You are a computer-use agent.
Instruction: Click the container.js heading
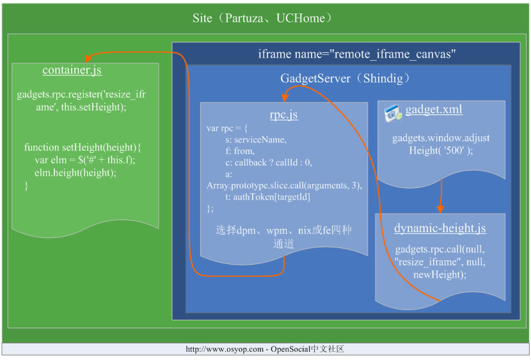(72, 70)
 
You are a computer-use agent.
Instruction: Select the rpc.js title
(284, 114)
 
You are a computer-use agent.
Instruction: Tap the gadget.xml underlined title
(434, 109)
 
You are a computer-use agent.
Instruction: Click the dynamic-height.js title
(440, 228)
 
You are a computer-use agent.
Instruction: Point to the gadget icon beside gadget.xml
(393, 113)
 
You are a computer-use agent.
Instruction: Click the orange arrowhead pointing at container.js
(88, 58)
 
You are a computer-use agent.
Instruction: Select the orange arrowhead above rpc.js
(285, 97)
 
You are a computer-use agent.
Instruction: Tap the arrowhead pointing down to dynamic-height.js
(440, 209)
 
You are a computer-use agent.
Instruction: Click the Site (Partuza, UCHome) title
(262, 18)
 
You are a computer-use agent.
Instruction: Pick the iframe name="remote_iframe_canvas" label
(356, 54)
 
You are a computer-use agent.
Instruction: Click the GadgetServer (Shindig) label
(345, 79)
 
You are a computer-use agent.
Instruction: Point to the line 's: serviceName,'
(256, 140)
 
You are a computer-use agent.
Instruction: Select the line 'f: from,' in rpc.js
(240, 151)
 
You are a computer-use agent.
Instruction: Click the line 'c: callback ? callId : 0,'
(269, 163)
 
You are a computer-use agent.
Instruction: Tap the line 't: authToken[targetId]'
(268, 197)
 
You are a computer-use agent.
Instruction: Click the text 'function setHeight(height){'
(83, 148)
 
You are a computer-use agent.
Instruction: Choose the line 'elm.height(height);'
(75, 173)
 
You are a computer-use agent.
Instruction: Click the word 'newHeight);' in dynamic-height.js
(440, 274)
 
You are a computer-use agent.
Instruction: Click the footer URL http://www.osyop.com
(225, 349)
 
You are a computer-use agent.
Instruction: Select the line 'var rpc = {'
(227, 129)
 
